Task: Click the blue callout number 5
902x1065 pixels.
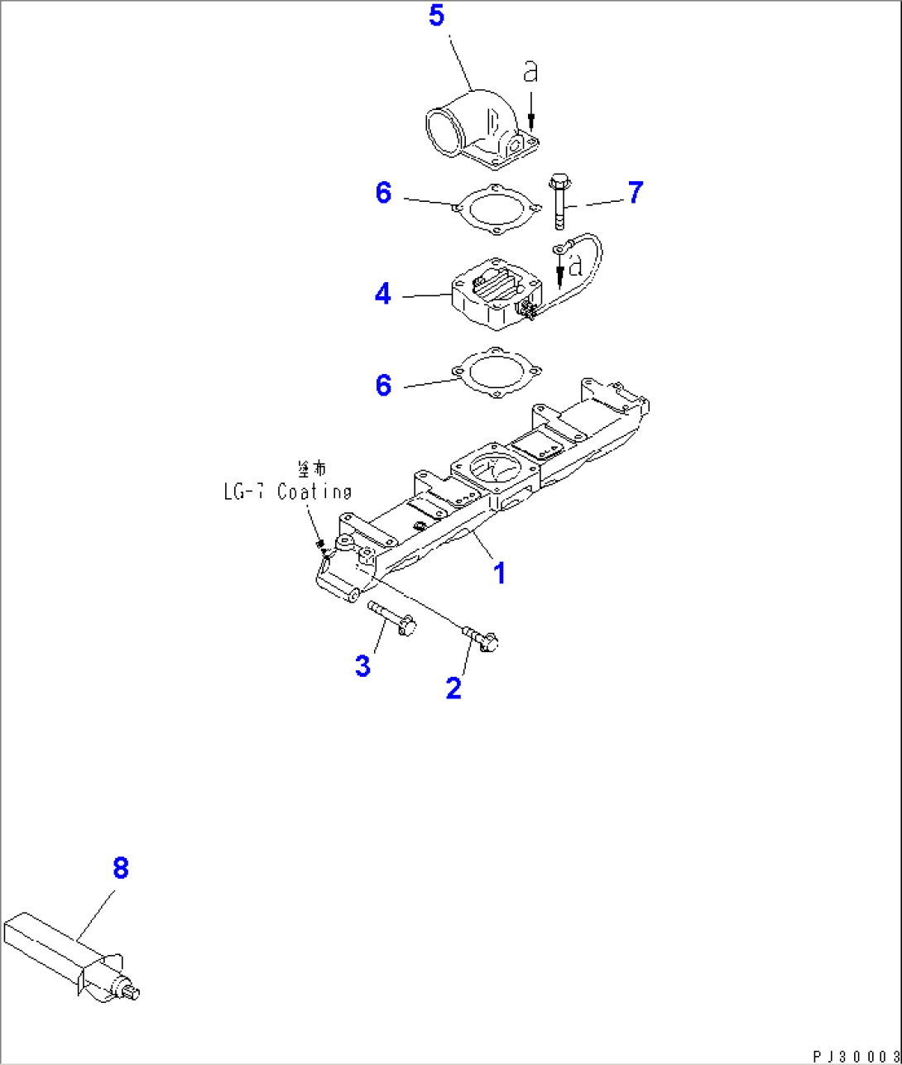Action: (x=437, y=17)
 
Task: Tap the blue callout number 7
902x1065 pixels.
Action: (x=634, y=193)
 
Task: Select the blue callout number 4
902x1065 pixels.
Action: (x=382, y=294)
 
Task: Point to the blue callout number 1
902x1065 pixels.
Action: (x=500, y=573)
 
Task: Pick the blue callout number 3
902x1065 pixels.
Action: (x=362, y=666)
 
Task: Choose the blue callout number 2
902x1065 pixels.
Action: (x=453, y=687)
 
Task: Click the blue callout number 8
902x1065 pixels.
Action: (x=121, y=869)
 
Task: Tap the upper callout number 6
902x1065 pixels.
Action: (x=382, y=193)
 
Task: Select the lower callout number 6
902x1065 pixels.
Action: (x=382, y=385)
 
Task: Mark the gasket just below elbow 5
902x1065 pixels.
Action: (x=496, y=207)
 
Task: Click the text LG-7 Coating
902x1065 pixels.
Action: (x=287, y=492)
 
